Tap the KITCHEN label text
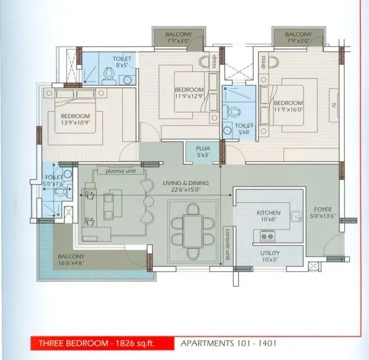pyautogui.click(x=269, y=213)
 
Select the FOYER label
pyautogui.click(x=322, y=209)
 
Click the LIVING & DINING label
pyautogui.click(x=185, y=183)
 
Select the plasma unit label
pyautogui.click(x=121, y=171)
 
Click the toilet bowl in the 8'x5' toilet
pyautogui.click(x=109, y=74)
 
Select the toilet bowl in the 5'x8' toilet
pyautogui.click(x=236, y=114)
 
